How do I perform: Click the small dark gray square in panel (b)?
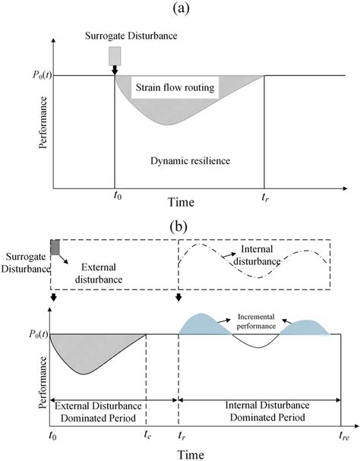click(x=55, y=246)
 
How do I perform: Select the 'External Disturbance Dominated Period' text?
click(x=99, y=409)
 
